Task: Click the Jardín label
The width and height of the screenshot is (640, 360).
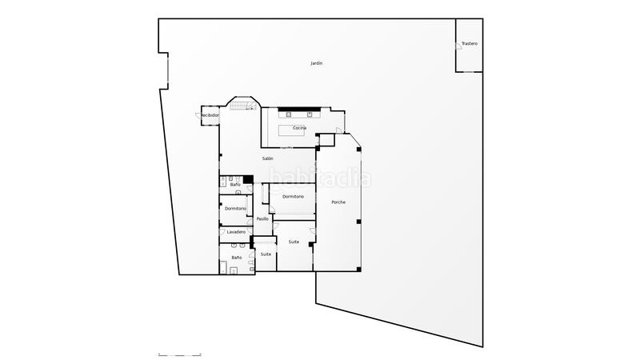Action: click(x=317, y=63)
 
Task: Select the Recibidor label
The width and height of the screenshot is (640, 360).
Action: click(x=210, y=115)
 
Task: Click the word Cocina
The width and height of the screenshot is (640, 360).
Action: click(x=299, y=128)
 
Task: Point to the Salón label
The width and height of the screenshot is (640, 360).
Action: click(x=267, y=158)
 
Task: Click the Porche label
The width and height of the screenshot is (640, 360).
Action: click(x=338, y=202)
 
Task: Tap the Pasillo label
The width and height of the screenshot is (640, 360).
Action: click(x=262, y=218)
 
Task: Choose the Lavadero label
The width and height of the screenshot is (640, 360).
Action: click(x=235, y=232)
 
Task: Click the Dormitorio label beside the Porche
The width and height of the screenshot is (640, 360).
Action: click(x=292, y=196)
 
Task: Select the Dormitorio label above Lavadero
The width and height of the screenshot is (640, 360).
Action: click(x=235, y=208)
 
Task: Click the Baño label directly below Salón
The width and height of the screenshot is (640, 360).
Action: click(x=235, y=185)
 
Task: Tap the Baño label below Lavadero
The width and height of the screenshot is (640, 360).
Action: click(x=236, y=258)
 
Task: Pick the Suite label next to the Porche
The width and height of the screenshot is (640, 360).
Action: click(x=294, y=242)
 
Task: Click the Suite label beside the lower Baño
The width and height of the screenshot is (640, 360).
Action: click(x=266, y=254)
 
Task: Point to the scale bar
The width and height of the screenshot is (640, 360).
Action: click(x=180, y=353)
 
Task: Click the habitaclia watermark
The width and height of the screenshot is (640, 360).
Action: click(x=320, y=178)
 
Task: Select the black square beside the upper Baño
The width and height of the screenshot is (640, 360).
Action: click(x=248, y=180)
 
